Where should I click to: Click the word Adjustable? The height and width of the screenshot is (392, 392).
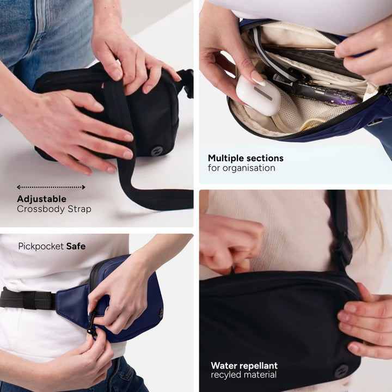tap(41, 199)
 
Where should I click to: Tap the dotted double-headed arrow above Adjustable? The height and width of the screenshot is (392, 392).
tap(51, 187)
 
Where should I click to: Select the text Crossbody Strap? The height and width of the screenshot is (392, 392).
tap(54, 209)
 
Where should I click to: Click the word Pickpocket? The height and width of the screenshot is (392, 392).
tap(41, 247)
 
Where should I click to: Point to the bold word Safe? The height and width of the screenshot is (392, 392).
tap(76, 247)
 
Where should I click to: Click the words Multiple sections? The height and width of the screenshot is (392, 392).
tap(246, 158)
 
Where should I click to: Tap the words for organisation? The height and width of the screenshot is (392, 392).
tap(241, 168)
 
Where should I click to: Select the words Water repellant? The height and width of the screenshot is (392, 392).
tap(244, 365)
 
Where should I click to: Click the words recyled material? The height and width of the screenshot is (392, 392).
tap(243, 375)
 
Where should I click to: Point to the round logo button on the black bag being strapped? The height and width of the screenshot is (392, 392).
tap(156, 151)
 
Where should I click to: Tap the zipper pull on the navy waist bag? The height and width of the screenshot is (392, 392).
tap(92, 328)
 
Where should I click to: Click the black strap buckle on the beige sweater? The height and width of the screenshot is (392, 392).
tap(342, 250)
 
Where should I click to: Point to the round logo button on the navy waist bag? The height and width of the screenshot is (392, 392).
tap(161, 313)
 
